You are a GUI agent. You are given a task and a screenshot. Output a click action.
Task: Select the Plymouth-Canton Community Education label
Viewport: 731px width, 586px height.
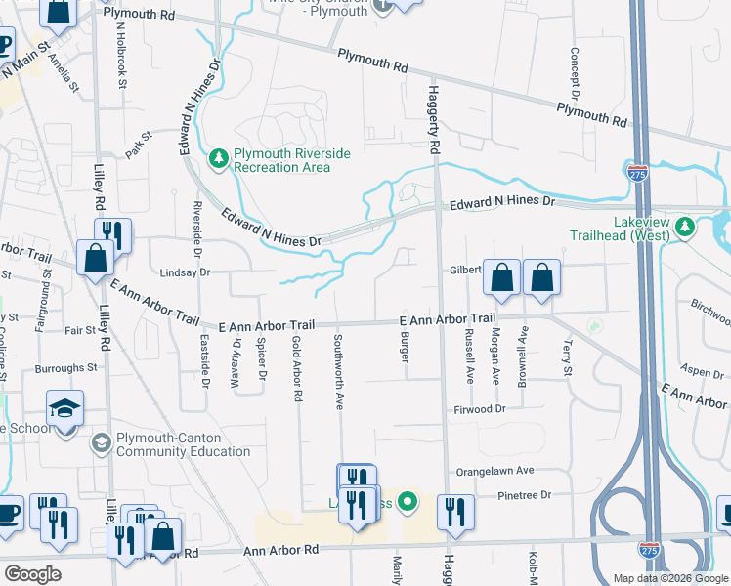183,444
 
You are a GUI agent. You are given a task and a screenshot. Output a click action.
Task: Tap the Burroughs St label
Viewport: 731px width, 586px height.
65,369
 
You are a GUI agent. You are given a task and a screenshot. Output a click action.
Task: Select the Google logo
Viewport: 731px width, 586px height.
32,574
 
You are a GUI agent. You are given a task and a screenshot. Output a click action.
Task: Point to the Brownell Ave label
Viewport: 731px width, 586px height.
523,353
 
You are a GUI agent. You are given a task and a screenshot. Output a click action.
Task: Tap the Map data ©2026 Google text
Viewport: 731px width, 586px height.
668,578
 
